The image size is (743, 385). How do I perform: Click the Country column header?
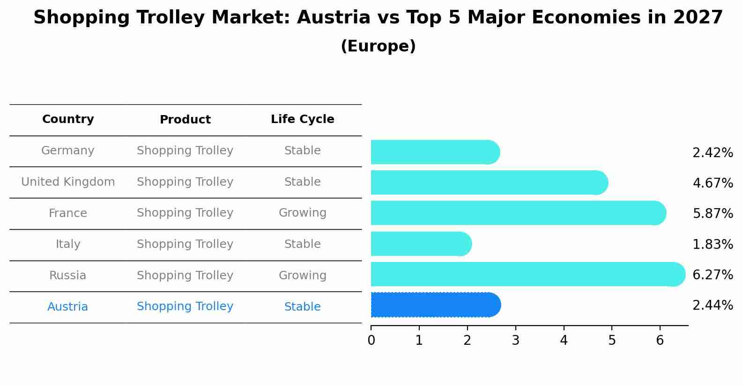[68, 119]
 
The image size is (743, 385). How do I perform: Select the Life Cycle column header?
[302, 119]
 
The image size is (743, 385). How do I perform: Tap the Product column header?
[185, 120]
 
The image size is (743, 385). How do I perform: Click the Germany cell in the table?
[68, 151]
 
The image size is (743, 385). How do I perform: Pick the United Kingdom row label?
[68, 182]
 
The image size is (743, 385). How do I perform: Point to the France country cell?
[68, 213]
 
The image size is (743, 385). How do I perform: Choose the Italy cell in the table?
[68, 244]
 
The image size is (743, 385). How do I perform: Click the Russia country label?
[68, 276]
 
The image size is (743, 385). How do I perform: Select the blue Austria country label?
[68, 307]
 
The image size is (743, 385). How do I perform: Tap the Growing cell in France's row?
[302, 213]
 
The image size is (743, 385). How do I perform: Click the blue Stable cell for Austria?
[302, 307]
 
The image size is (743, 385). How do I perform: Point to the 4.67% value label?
[713, 183]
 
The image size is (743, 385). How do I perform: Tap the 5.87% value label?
[713, 214]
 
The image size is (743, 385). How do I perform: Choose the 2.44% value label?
[713, 305]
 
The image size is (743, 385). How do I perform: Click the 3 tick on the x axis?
[515, 341]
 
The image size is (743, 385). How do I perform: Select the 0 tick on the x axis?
[371, 341]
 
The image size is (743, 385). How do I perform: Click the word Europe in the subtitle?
[378, 46]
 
